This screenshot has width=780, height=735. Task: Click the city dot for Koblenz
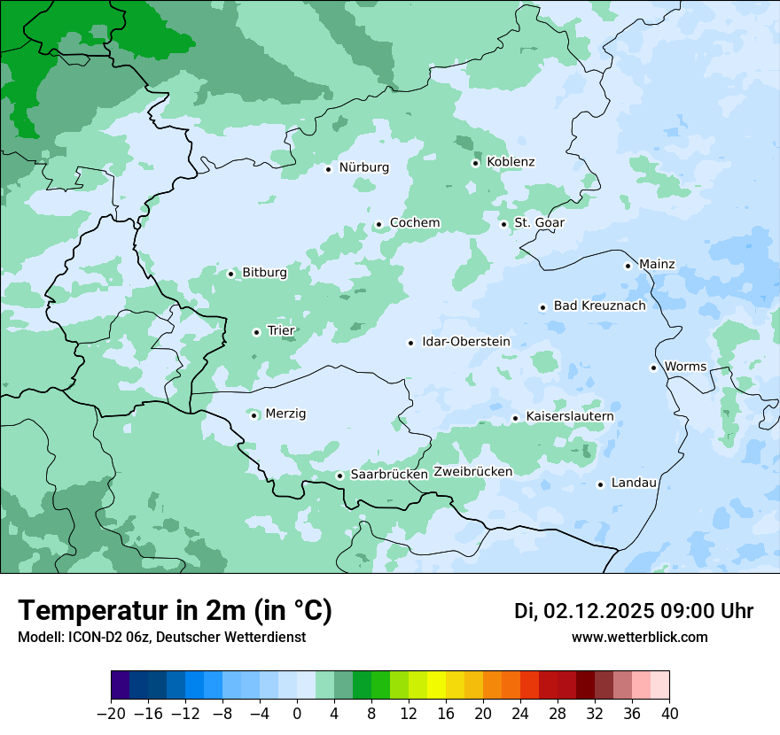[475, 163]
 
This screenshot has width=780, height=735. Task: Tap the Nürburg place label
[363, 167]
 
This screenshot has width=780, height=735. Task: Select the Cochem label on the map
[415, 223]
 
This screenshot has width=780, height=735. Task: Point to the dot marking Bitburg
[230, 274]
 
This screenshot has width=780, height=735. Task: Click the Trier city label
[281, 331]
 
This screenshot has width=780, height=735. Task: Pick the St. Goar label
[539, 223]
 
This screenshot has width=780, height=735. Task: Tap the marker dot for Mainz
[628, 266]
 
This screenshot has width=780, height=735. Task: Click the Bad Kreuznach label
[599, 306]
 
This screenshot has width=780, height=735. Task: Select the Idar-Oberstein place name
[466, 342]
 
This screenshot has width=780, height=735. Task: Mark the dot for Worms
[653, 367]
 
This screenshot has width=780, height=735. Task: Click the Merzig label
[285, 414]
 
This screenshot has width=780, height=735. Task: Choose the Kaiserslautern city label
[570, 417]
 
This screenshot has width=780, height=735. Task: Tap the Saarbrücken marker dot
[339, 476]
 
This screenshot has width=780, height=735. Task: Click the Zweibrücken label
[472, 472]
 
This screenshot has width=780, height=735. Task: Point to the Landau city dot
[600, 484]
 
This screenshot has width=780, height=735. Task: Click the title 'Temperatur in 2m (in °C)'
[175, 611]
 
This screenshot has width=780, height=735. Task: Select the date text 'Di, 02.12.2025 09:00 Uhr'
[634, 612]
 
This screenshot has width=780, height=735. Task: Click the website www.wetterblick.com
[639, 638]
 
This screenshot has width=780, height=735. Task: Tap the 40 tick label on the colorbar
[669, 714]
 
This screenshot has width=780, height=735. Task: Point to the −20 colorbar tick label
[111, 714]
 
